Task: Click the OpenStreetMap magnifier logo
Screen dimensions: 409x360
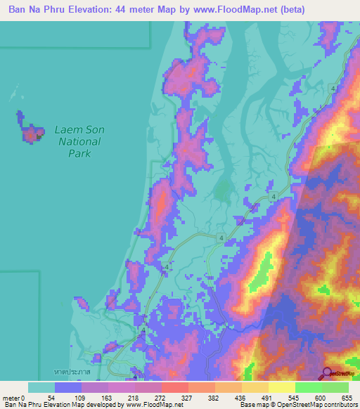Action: (328, 373)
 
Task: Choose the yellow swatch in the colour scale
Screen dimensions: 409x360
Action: (282, 387)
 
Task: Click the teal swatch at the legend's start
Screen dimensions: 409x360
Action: (41, 387)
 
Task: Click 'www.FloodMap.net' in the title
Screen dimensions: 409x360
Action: (276, 11)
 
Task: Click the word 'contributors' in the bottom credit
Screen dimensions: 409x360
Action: (336, 405)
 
